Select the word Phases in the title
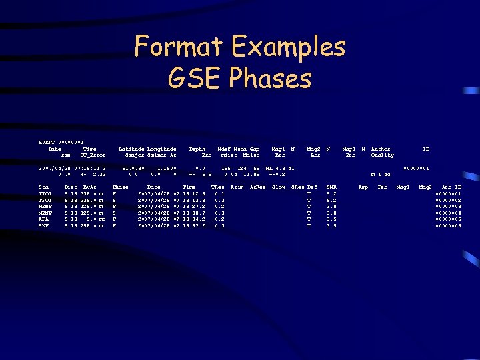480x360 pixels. point(270,79)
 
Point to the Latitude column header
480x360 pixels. point(131,148)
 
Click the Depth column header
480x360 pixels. point(197,148)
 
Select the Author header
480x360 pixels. point(381,148)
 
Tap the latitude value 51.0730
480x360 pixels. point(134,168)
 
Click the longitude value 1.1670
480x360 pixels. point(166,168)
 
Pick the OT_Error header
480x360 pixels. point(93,155)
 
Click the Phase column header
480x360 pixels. point(121,187)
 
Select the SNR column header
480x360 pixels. point(331,187)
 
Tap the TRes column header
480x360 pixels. point(217,187)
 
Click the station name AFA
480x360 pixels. point(45,219)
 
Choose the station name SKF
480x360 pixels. point(45,225)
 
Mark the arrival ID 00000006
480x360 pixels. point(448,225)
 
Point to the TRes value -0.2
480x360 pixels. point(217,219)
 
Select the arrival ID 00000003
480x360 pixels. point(448,207)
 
